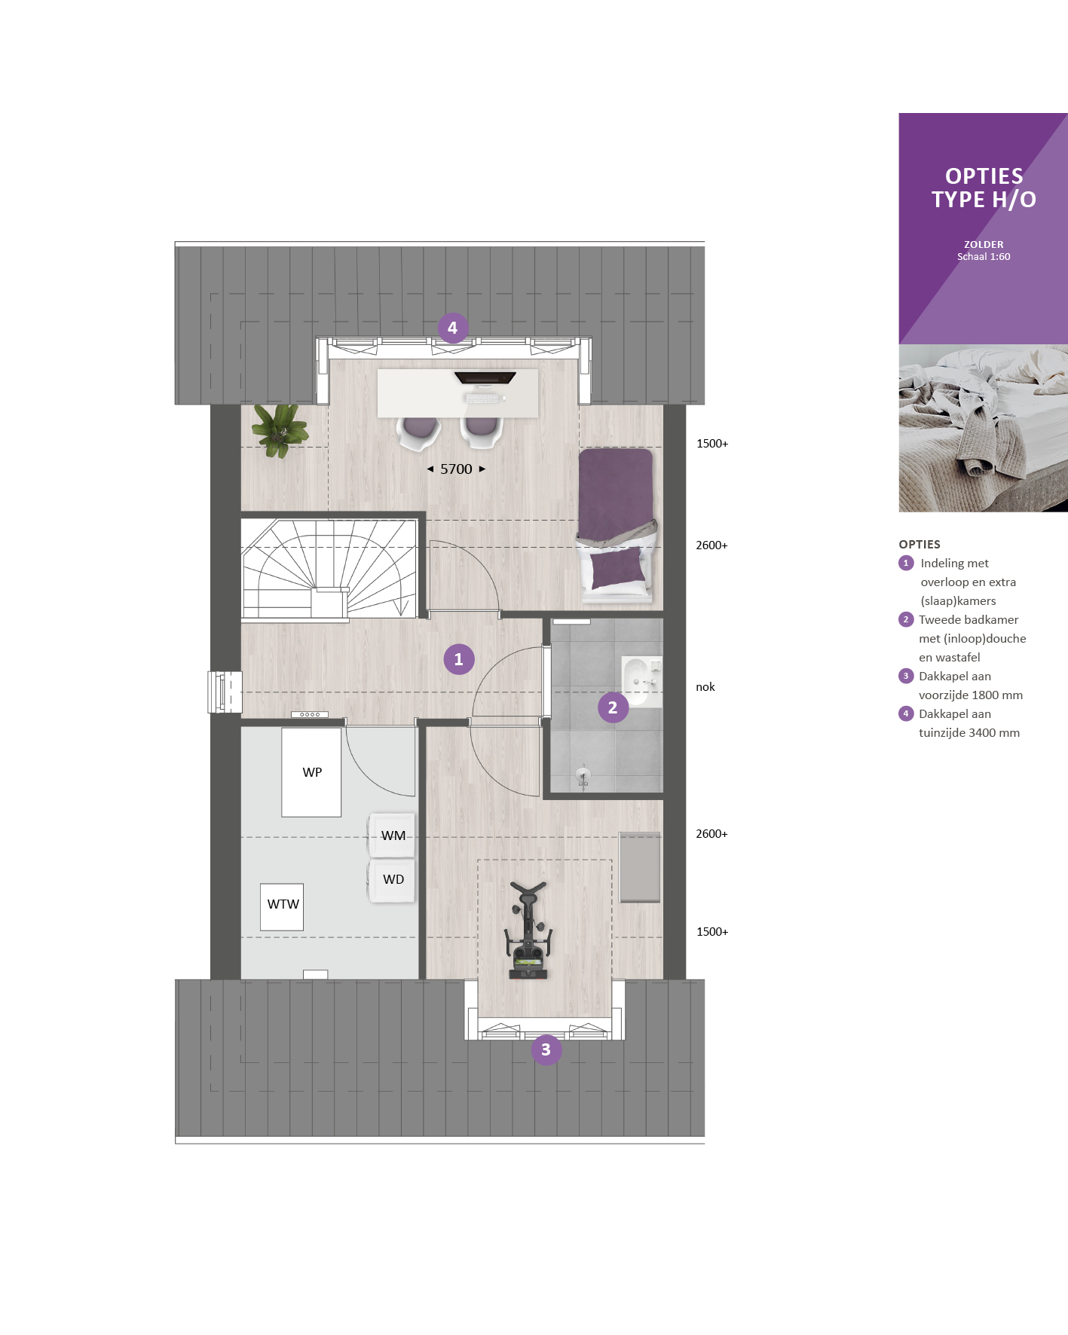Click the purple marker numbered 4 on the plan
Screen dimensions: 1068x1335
click(452, 328)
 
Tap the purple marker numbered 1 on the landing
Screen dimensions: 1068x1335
click(458, 659)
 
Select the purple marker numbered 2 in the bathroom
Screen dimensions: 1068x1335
click(613, 707)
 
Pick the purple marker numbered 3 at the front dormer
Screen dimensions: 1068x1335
click(546, 1049)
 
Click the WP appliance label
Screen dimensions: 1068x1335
click(312, 772)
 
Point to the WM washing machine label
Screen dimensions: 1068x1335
click(393, 836)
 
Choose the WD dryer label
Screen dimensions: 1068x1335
click(393, 879)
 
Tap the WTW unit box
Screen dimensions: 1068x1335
click(282, 907)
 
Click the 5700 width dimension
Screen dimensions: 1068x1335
click(456, 469)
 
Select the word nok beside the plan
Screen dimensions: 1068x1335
click(705, 687)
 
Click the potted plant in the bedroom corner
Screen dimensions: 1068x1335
click(280, 430)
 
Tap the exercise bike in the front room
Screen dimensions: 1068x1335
click(528, 930)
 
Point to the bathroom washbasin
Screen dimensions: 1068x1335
click(640, 681)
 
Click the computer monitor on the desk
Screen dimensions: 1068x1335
click(485, 377)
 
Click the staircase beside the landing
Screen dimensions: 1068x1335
click(329, 568)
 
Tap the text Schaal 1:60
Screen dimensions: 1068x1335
click(984, 257)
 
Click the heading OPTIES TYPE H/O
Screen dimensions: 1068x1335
click(984, 188)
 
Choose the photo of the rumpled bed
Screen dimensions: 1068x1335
click(983, 429)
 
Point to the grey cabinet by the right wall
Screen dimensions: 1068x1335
click(640, 867)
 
